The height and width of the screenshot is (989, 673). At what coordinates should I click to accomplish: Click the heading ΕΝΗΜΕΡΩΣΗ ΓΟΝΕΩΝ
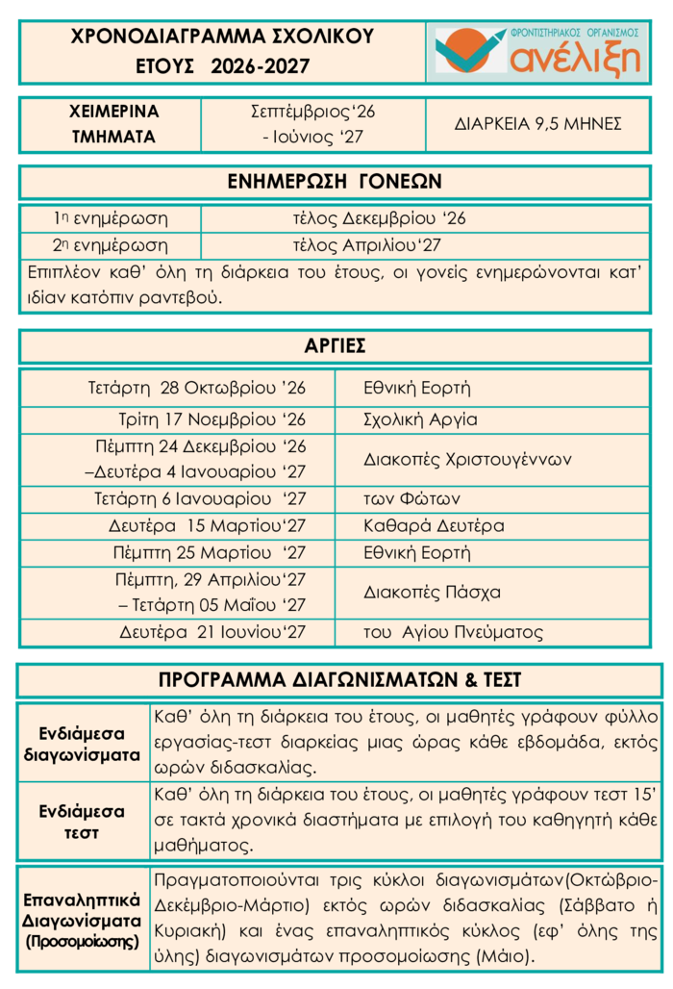(335, 182)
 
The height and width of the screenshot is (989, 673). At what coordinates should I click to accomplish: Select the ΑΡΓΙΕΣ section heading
(335, 346)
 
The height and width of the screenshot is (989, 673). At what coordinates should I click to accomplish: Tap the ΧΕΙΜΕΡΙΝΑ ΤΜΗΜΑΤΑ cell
(113, 124)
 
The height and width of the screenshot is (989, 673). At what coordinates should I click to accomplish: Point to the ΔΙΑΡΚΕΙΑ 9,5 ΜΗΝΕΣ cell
(537, 124)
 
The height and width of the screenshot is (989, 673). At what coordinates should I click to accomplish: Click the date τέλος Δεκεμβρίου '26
(379, 218)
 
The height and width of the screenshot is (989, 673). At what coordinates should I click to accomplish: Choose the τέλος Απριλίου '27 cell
(366, 245)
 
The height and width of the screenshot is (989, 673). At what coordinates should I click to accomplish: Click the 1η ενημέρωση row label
(111, 218)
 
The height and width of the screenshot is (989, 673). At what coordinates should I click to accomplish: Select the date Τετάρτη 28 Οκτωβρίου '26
(196, 389)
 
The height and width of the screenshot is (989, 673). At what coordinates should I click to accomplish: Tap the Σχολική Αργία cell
(420, 419)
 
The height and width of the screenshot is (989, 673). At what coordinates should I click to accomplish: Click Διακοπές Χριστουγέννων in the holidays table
(467, 459)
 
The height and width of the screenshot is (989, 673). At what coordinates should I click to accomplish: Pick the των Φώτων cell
(411, 499)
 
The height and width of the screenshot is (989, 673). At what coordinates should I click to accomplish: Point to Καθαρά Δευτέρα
(434, 526)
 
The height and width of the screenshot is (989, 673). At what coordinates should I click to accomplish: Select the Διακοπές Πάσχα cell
(432, 592)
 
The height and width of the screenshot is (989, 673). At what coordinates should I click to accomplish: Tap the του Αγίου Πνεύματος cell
(453, 632)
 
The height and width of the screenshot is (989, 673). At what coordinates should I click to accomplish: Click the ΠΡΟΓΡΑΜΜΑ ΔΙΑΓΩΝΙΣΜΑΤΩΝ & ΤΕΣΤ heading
(339, 680)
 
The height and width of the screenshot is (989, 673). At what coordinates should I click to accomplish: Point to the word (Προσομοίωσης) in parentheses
(83, 941)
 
